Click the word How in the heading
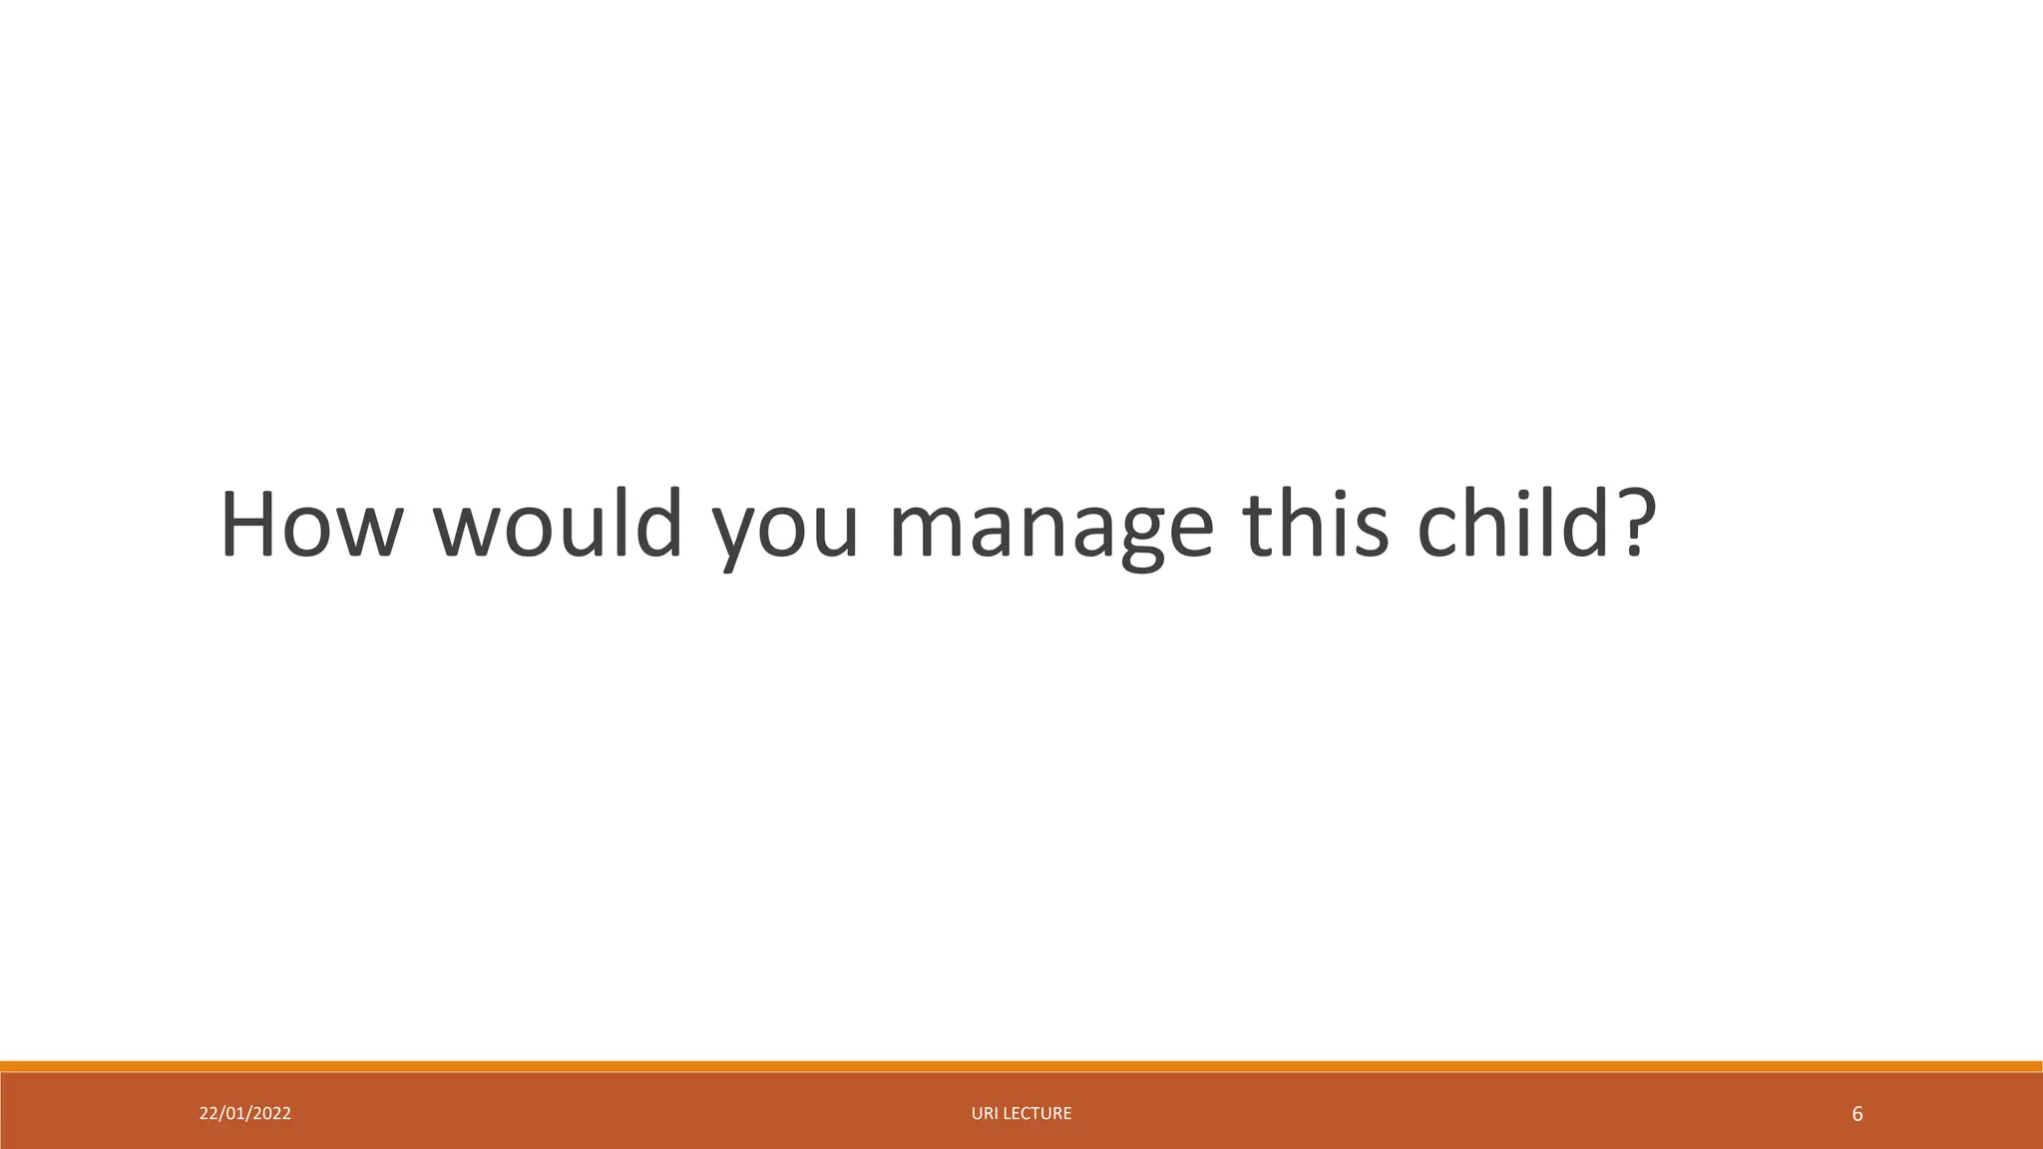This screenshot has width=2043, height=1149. tap(308, 525)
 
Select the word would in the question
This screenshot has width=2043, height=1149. tap(558, 525)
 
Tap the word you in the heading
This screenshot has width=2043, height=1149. tap(784, 534)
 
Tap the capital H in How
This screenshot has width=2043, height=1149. tap(248, 525)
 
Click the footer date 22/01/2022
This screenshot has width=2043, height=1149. tap(245, 1114)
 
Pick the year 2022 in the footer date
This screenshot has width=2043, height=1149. tap(271, 1114)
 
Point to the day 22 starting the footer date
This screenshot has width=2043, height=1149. tap(207, 1114)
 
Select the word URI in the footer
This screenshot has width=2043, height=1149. tap(985, 1114)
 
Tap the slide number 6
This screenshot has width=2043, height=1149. tap(1856, 1114)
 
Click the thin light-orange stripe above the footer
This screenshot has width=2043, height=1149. tap(1021, 1066)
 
